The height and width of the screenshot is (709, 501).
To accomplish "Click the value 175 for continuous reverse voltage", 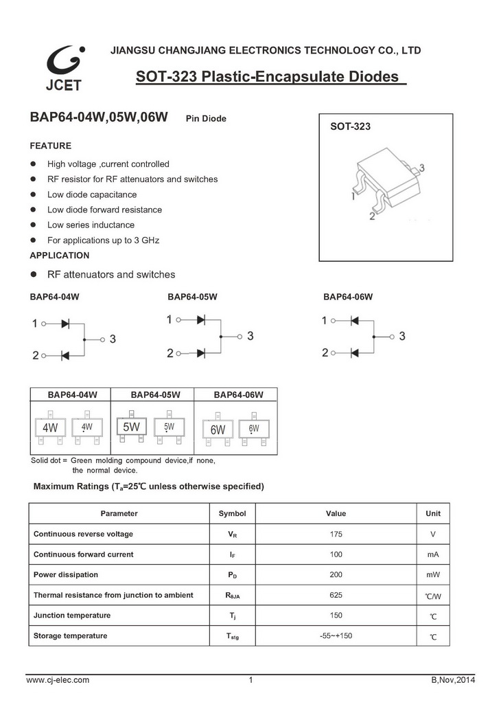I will pos(336,534).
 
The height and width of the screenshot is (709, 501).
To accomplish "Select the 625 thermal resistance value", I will pos(336,595).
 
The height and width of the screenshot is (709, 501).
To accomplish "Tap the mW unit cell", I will pos(432,574).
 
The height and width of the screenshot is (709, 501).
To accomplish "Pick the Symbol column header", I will pos(232,513).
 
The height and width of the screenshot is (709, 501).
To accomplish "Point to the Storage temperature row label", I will pos(70,635).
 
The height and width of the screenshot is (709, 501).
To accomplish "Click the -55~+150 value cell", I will pos(336,635).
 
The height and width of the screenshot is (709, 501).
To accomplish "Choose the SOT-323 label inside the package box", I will pos(350,128).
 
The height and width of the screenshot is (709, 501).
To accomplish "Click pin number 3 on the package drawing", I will pos(421,168).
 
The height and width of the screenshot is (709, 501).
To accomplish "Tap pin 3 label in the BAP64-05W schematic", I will pos(250,336).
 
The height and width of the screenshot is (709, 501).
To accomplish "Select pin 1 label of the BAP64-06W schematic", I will pos(325,321).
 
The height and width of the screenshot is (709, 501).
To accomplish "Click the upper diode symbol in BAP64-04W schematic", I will pos(66,322).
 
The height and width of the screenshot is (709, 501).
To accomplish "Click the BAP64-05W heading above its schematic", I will pos(192,297).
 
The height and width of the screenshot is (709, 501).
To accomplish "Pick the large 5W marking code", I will pos(131,427).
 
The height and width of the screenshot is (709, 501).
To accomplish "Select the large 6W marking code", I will pos(218,429).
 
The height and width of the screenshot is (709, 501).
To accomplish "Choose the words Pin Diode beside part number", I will pos(206,119).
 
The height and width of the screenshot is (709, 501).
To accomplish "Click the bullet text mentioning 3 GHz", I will pos(103,240).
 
